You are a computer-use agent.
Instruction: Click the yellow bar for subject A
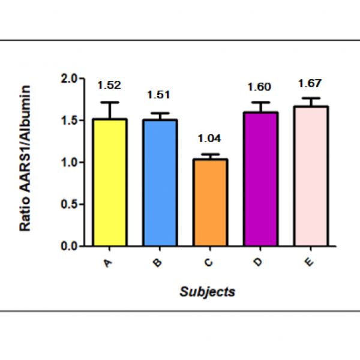110,182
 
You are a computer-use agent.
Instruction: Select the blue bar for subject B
160,182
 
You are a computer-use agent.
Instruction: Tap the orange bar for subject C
210,202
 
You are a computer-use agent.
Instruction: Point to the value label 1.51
160,94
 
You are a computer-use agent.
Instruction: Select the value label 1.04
210,139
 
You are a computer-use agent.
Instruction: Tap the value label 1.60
260,87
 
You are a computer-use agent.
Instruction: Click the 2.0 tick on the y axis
70,79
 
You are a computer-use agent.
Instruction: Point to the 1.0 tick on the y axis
70,163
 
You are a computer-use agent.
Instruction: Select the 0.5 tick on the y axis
70,205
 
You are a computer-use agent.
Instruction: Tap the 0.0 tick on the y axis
70,246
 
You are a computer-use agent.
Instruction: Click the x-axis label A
109,263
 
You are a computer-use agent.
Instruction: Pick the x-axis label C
209,263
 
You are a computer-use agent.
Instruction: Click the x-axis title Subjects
208,292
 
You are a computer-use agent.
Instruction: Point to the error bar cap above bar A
110,103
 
